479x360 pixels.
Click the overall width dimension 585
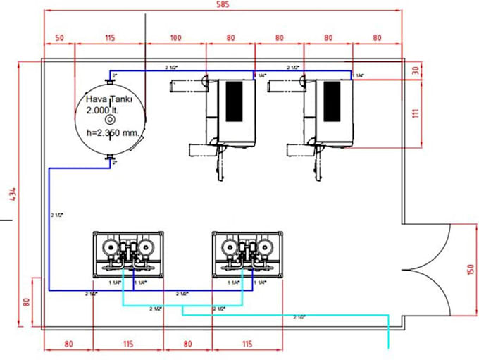point(222,5)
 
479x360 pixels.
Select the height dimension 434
point(9,195)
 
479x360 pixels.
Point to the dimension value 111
point(416,114)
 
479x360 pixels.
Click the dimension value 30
point(416,70)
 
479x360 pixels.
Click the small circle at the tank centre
point(110,120)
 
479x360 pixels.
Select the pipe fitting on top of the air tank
point(110,75)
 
